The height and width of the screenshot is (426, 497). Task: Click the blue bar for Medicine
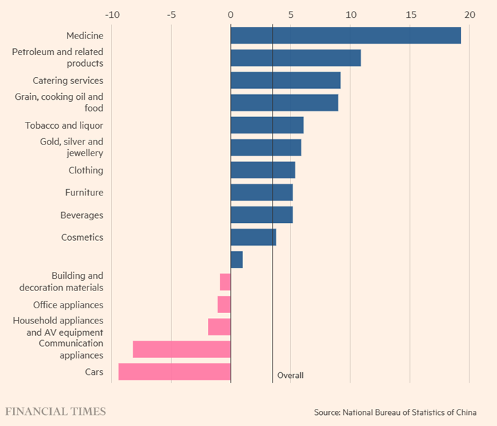click(346, 36)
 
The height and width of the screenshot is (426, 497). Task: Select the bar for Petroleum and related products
click(295, 58)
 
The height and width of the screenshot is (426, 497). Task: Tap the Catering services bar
click(285, 81)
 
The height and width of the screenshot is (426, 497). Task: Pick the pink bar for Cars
click(174, 372)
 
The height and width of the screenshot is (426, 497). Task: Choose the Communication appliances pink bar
click(182, 349)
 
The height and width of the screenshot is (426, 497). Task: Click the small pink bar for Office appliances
click(224, 305)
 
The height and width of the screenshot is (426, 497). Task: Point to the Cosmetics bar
click(253, 237)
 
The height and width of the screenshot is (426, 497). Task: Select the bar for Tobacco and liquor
click(267, 125)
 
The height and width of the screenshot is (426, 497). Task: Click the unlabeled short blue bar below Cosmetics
click(237, 259)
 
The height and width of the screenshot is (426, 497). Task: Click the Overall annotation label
click(290, 376)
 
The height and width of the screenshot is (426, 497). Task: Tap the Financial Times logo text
click(56, 412)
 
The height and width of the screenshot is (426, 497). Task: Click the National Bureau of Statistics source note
click(405, 412)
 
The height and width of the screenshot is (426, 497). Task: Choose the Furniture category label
click(84, 193)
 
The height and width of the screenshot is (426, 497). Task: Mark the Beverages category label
click(82, 215)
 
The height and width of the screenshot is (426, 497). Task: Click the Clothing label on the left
click(85, 170)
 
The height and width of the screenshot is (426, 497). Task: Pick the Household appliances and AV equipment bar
click(220, 327)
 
